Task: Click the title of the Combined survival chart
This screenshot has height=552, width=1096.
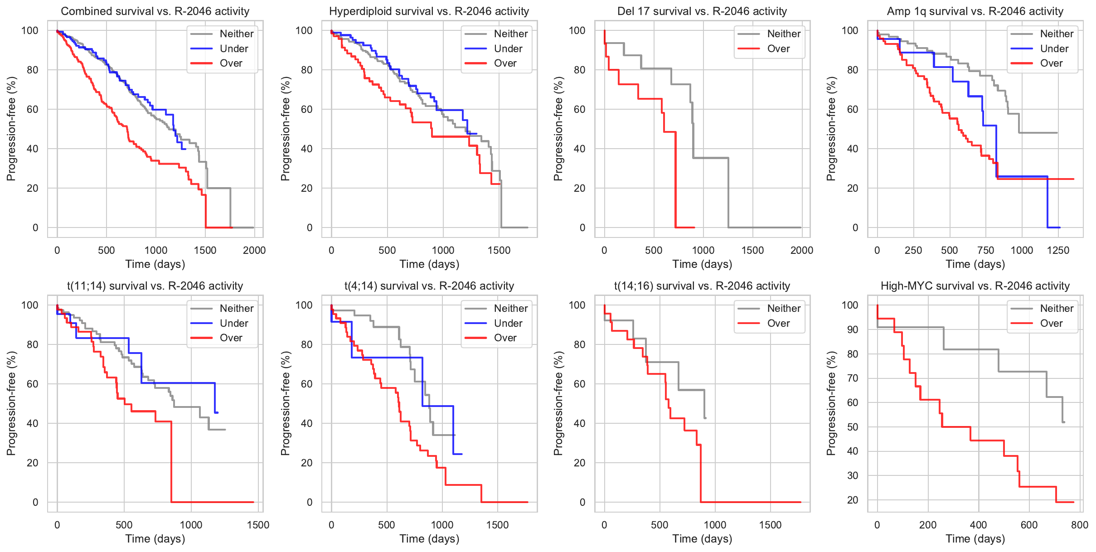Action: (x=155, y=11)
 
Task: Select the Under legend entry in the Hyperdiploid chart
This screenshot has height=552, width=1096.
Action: (x=508, y=48)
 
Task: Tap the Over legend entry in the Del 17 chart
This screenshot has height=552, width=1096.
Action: (x=778, y=48)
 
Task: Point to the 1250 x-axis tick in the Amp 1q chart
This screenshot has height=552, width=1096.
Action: (x=1058, y=250)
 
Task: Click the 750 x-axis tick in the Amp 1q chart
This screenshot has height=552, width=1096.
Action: (x=985, y=250)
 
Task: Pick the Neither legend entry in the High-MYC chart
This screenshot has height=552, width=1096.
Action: (x=1057, y=308)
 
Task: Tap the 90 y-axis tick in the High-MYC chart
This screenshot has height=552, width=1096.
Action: (x=853, y=329)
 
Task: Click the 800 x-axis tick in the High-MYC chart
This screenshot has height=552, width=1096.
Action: (x=1079, y=525)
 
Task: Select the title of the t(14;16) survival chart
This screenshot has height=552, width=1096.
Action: (x=702, y=286)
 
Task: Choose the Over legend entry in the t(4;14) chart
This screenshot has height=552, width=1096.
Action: (x=505, y=338)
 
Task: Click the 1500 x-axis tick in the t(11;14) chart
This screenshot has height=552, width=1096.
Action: (x=258, y=525)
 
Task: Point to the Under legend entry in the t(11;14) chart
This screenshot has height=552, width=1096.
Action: (x=234, y=323)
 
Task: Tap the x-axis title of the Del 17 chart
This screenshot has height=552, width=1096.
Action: (x=702, y=264)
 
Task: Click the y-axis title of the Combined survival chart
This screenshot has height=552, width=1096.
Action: (x=11, y=129)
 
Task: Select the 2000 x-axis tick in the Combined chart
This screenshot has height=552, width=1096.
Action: (x=254, y=250)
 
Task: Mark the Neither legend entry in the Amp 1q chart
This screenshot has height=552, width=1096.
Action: (x=1057, y=34)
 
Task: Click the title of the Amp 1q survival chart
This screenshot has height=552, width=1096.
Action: (x=975, y=11)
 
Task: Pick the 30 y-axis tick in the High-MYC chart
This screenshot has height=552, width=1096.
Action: (x=853, y=475)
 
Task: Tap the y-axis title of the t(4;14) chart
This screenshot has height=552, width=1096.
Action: (x=285, y=403)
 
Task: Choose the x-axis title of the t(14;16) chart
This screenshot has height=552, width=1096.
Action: (x=702, y=539)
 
